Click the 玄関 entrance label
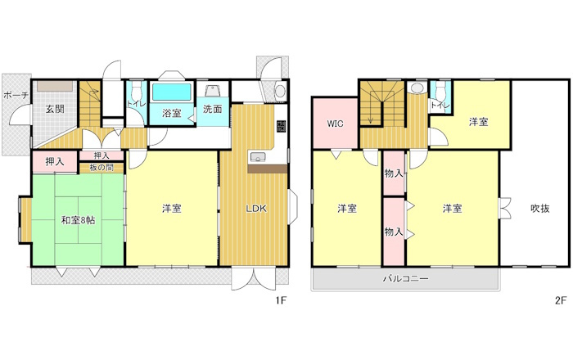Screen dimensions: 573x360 click(x=55, y=109)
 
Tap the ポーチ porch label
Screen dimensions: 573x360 click(x=16, y=96)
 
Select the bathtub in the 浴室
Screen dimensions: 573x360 click(x=172, y=92)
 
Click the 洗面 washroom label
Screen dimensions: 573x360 click(x=213, y=109)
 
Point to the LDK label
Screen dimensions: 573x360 click(x=255, y=209)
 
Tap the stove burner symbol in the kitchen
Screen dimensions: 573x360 click(x=281, y=126)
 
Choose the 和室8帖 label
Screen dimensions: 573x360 click(x=79, y=221)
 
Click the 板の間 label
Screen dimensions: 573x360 click(x=102, y=168)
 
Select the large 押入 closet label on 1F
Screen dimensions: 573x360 click(x=55, y=161)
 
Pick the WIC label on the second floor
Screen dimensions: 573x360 click(x=335, y=124)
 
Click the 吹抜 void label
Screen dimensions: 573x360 click(x=540, y=209)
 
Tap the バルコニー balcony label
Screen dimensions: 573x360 click(x=405, y=279)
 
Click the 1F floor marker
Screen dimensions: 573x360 click(x=281, y=300)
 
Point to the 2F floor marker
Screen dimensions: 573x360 click(x=561, y=300)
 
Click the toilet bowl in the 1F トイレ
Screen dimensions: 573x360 click(x=137, y=89)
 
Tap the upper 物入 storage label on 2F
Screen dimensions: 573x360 click(x=394, y=173)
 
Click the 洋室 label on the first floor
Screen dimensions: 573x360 click(x=172, y=209)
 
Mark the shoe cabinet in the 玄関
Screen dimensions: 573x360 click(x=55, y=87)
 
